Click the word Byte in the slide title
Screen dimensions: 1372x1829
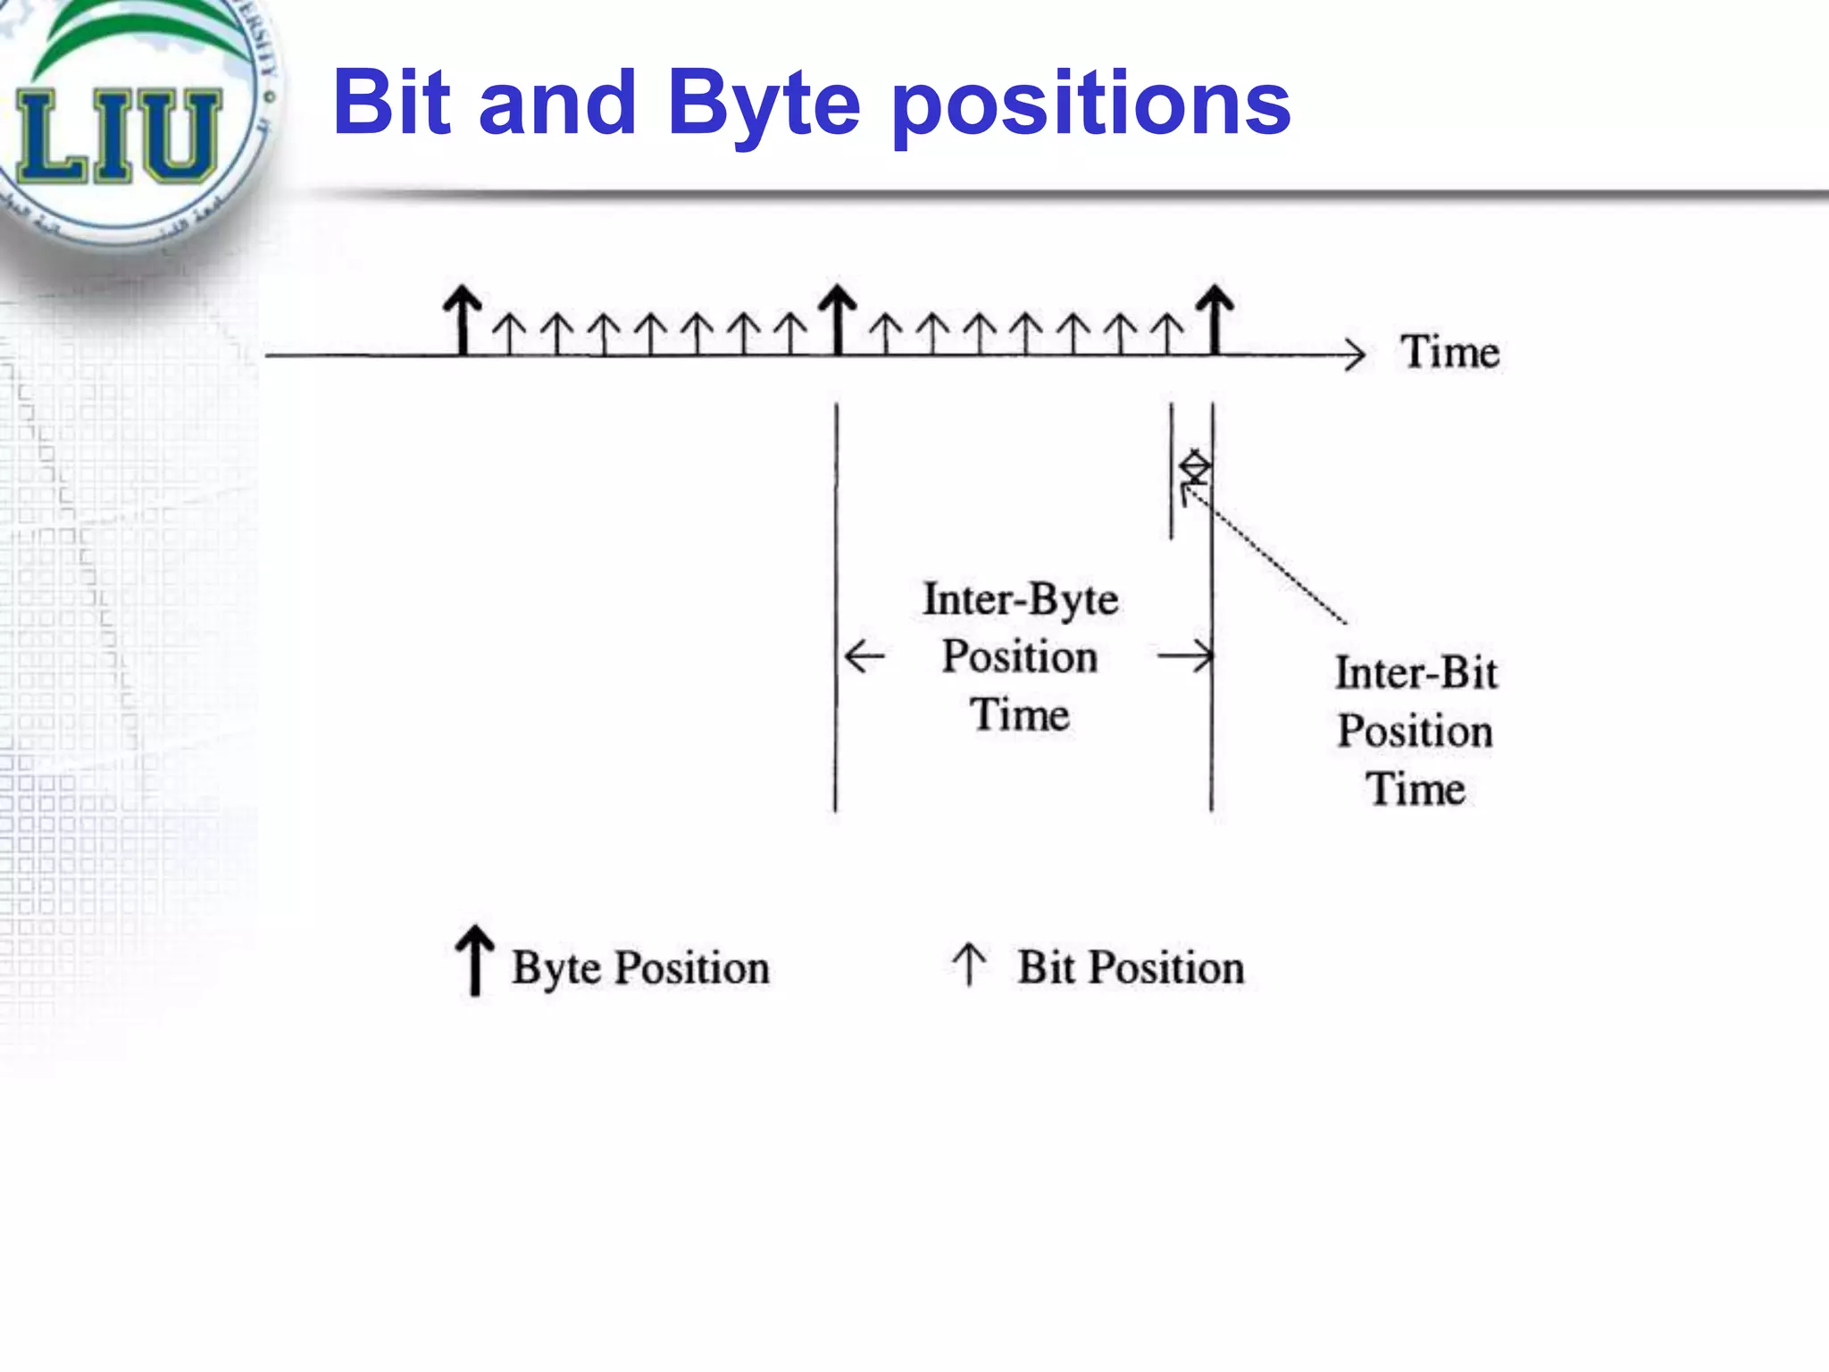764,105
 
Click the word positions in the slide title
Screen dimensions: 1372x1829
1091,105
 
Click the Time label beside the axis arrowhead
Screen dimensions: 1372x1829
1449,352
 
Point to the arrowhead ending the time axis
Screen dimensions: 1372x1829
1356,355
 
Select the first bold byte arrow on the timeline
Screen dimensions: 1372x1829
463,320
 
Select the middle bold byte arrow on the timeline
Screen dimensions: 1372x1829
838,320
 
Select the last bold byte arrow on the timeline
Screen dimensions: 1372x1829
1215,320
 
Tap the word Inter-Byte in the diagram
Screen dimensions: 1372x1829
1020,599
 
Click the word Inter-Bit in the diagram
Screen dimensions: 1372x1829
1416,673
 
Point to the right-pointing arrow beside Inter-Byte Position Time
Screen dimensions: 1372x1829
1185,657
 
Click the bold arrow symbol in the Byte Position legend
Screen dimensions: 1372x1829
475,959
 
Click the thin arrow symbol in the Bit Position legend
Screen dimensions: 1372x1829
969,965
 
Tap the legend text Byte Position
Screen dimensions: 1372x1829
639,968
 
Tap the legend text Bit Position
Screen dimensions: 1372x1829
1131,967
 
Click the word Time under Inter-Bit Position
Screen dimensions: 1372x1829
1416,790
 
